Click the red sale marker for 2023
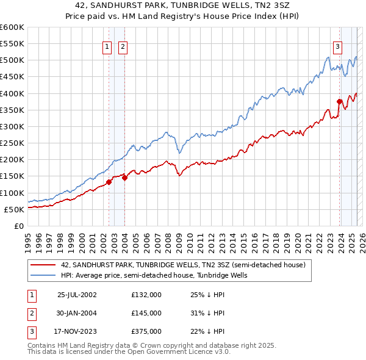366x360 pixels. [339, 101]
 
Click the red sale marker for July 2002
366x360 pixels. [109, 182]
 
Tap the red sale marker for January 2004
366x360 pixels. [124, 178]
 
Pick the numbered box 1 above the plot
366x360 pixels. [107, 46]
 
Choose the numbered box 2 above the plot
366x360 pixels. [122, 46]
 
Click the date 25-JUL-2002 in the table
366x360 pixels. [77, 295]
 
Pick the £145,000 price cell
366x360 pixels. [146, 313]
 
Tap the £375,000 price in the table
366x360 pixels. [146, 331]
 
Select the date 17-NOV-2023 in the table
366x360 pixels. [77, 331]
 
